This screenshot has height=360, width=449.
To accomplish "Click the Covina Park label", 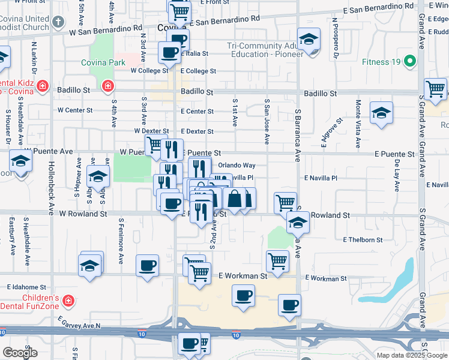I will pyautogui.click(x=103, y=62).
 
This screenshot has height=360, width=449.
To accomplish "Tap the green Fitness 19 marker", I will pyautogui.click(x=411, y=61).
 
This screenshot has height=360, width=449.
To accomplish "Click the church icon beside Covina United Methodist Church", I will pyautogui.click(x=58, y=23).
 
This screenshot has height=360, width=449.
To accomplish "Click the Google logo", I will pyautogui.click(x=20, y=353).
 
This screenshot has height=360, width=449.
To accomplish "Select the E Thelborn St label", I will pyautogui.click(x=363, y=240).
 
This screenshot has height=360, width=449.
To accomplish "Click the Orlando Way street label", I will pyautogui.click(x=237, y=165).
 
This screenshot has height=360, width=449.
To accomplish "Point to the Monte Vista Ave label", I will pyautogui.click(x=358, y=124).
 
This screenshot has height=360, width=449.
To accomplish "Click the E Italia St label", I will pyautogui.click(x=194, y=53).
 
